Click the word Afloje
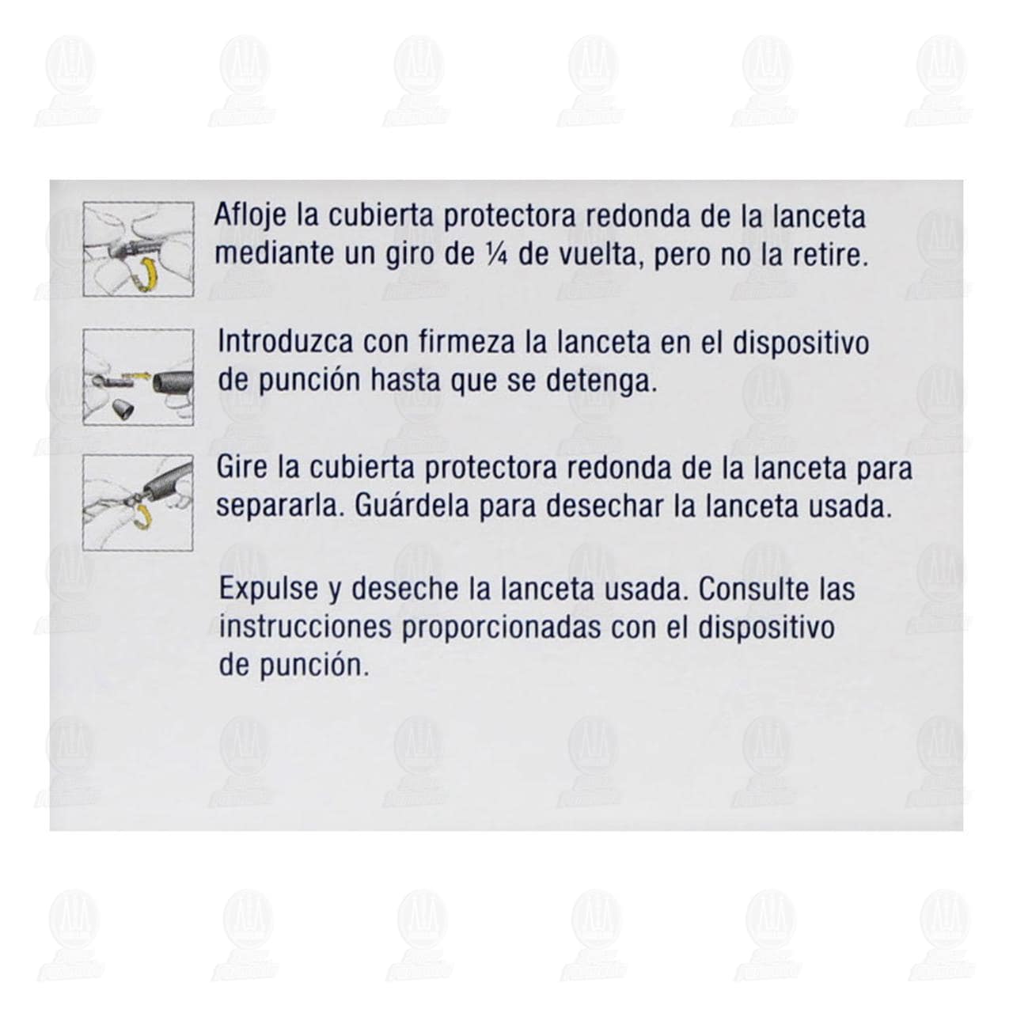click(250, 217)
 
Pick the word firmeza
click(466, 342)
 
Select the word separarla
click(280, 507)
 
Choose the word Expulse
click(268, 590)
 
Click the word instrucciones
click(305, 627)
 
